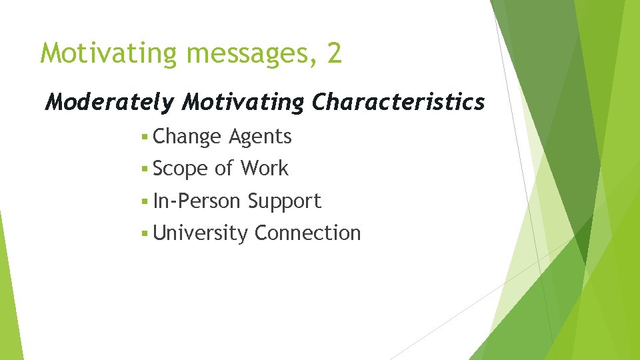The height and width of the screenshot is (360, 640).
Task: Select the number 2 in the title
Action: click(334, 53)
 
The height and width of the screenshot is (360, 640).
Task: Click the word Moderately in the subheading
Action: click(110, 102)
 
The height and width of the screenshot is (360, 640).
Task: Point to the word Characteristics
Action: click(398, 102)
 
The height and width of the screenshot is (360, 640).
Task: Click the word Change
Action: click(187, 137)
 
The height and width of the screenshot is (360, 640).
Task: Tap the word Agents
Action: click(260, 137)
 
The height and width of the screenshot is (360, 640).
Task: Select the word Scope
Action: click(181, 169)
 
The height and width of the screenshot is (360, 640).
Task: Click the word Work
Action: click(265, 169)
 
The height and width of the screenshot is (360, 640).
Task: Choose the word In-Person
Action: click(197, 201)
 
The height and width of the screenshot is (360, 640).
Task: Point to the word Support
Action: click(285, 201)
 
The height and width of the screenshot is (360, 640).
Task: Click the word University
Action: click(200, 233)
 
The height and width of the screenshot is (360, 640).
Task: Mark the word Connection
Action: click(307, 233)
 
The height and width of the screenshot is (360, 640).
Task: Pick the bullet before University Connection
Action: click(145, 234)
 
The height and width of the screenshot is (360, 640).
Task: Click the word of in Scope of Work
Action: click(224, 169)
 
